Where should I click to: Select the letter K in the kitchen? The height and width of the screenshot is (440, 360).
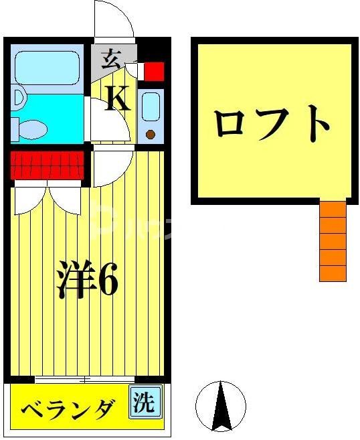pos(118,99)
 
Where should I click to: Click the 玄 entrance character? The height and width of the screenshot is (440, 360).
pos(110,61)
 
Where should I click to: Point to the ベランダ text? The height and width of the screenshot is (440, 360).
pos(66,409)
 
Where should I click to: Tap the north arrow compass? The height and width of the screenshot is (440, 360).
pos(220,405)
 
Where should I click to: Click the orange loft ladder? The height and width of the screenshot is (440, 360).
pos(333,241)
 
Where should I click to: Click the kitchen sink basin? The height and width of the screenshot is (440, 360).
pos(151,104)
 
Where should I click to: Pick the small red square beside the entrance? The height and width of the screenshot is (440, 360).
pos(154,70)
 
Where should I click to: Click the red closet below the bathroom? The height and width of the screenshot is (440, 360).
pos(47,164)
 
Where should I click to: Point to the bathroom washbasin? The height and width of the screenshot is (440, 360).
pos(17,98)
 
